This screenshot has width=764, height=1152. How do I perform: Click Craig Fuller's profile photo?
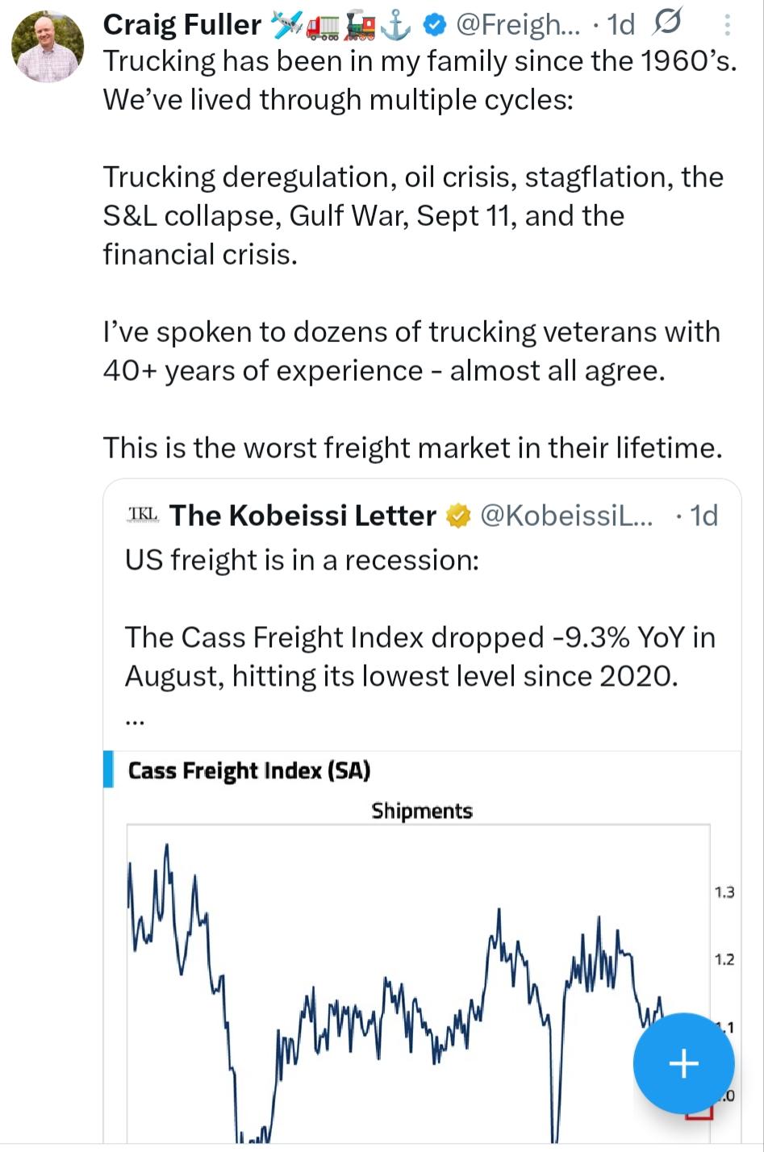pos(48,47)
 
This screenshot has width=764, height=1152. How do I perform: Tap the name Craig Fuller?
pos(182,25)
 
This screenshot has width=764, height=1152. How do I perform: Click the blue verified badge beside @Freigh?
pos(436,26)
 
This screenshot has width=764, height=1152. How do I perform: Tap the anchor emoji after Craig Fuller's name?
pos(395,26)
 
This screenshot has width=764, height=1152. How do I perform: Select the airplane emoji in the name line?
pos(286,26)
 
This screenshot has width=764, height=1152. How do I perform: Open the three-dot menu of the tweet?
pos(727,26)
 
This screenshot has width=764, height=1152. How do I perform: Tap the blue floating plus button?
pos(683,1063)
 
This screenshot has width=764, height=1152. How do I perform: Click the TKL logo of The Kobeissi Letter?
pos(144,515)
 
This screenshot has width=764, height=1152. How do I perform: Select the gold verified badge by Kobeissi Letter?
pos(458,515)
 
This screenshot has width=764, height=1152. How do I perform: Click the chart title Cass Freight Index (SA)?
pos(248,770)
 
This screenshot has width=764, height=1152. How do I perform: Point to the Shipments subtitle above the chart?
pos(422,811)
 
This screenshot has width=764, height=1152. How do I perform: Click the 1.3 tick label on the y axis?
pos(724,892)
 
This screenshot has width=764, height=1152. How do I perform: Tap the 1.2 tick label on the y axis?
pos(724,960)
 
